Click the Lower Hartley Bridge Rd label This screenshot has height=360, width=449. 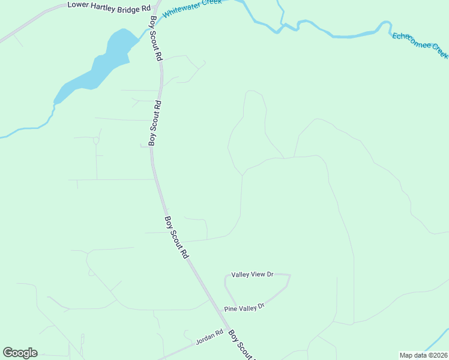point(109,7)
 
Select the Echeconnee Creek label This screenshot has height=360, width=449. point(420,45)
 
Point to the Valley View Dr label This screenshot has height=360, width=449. point(253,274)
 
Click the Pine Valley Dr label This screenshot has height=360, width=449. point(244,308)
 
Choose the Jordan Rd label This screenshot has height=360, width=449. point(209,340)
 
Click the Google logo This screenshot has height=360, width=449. point(20,353)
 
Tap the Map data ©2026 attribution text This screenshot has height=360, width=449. point(423,355)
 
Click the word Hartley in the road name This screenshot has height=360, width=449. point(110,6)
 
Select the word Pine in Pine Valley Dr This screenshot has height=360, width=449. point(231,310)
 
